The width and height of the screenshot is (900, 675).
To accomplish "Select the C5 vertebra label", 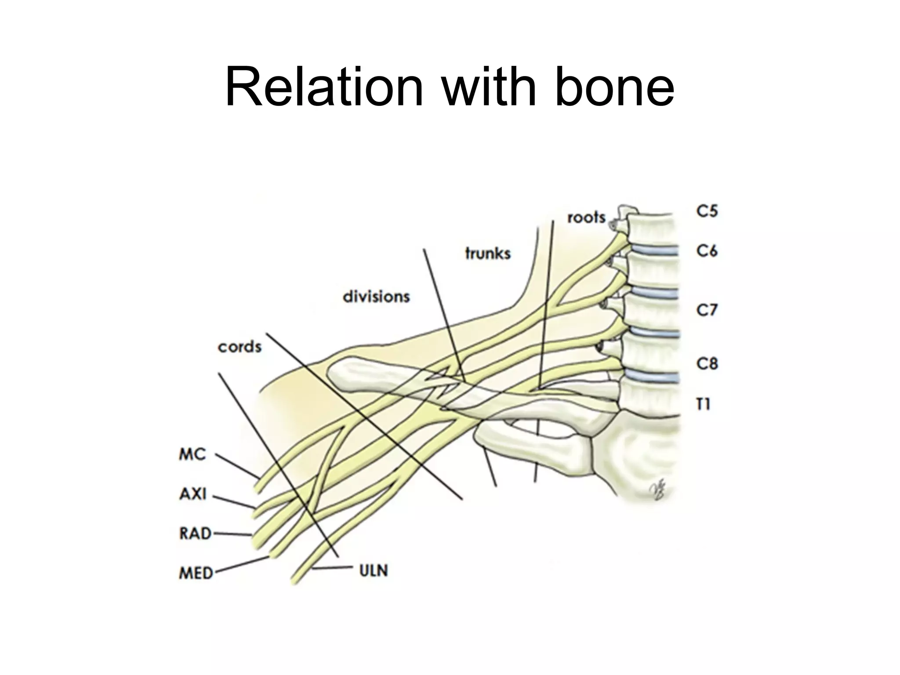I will pyautogui.click(x=707, y=211).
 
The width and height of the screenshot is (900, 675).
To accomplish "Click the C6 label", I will pyautogui.click(x=707, y=251).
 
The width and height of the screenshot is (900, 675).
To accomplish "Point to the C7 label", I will pyautogui.click(x=707, y=310).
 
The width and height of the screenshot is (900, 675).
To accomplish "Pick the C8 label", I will pyautogui.click(x=707, y=363).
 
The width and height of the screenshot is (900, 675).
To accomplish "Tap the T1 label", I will pyautogui.click(x=704, y=404).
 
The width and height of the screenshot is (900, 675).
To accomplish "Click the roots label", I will pyautogui.click(x=586, y=218).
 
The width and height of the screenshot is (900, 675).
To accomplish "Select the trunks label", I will pyautogui.click(x=488, y=254).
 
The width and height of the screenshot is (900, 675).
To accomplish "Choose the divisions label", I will pyautogui.click(x=376, y=297).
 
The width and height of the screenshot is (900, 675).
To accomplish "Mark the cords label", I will pyautogui.click(x=240, y=347).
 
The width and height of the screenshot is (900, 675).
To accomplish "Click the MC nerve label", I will pyautogui.click(x=192, y=454).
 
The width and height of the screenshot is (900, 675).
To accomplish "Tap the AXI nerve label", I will pyautogui.click(x=192, y=494).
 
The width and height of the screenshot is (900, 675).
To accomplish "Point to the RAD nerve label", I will pyautogui.click(x=195, y=533).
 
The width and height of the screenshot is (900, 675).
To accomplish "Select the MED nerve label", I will pyautogui.click(x=196, y=573).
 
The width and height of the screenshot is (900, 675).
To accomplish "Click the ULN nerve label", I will pyautogui.click(x=374, y=571).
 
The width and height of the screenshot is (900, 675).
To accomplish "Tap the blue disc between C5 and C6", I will pyautogui.click(x=655, y=251).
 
